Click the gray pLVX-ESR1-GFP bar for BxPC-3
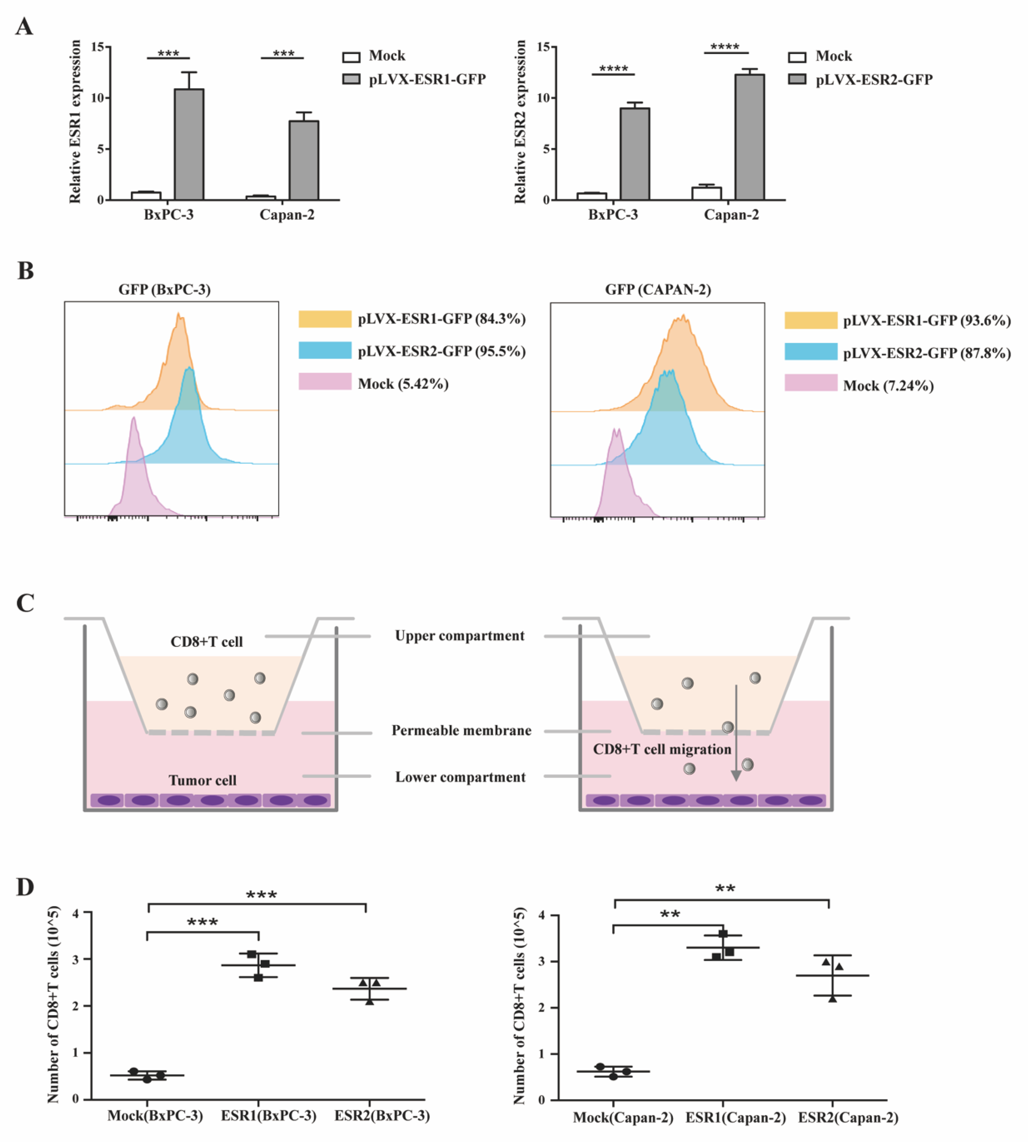tap(189, 144)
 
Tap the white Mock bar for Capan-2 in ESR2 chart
tap(706, 193)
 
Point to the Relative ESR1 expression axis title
tap(75, 122)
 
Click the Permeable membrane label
tap(461, 731)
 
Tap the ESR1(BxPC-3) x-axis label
tap(268, 1115)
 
